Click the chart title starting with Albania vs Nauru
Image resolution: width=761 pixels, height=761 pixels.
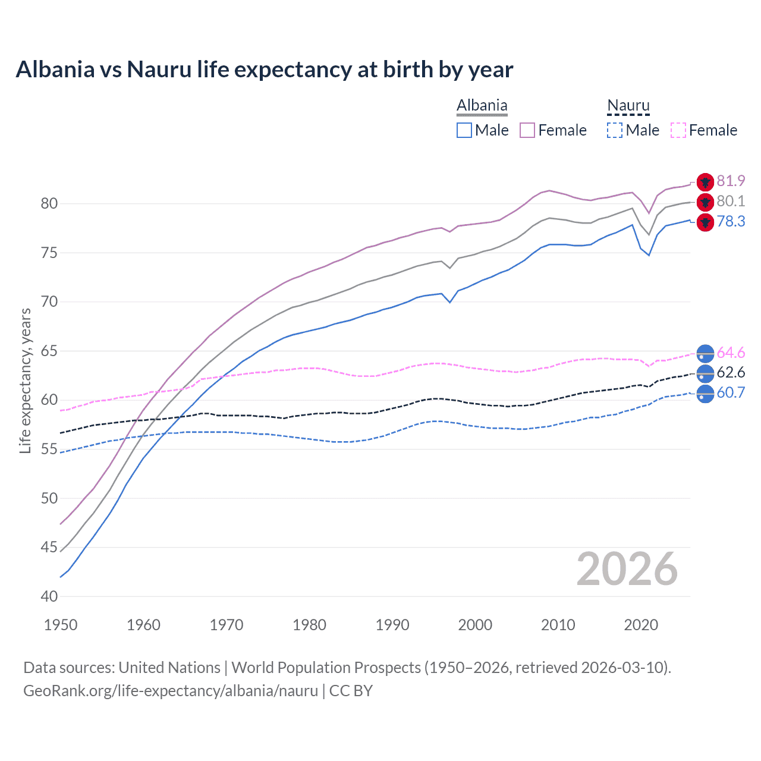coord(264,70)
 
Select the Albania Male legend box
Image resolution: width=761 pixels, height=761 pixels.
coord(464,130)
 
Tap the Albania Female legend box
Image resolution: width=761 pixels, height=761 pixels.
coord(527,130)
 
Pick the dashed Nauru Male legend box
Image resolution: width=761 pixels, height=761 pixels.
coord(615,130)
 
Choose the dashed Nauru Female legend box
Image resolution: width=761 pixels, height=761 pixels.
coord(678,130)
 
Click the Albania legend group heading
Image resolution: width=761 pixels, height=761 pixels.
coord(482,106)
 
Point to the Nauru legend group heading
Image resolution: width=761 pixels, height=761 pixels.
coord(628,106)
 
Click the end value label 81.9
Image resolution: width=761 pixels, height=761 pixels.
coord(731,181)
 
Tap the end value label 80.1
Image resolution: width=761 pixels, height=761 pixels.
coord(731,201)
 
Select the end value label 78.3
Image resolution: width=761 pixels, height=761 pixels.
coord(731,221)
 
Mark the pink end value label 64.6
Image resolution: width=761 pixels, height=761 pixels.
coord(731,353)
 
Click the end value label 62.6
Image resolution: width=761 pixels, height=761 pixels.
coord(731,373)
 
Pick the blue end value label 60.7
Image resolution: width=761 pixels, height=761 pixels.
coord(731,392)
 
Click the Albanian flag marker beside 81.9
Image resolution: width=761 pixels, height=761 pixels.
coord(705,182)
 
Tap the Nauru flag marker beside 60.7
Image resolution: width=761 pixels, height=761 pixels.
coord(705,394)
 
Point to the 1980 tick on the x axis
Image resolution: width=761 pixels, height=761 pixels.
coord(309,625)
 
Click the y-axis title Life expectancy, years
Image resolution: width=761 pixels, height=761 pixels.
coord(25,380)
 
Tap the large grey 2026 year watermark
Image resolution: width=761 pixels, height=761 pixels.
coord(627,569)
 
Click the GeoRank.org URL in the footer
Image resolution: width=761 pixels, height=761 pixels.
coord(170,690)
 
